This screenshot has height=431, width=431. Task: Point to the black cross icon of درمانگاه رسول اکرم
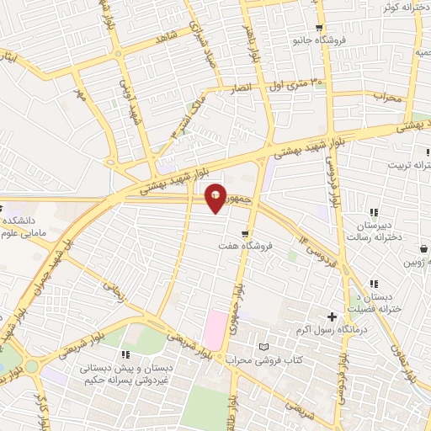click(332, 317)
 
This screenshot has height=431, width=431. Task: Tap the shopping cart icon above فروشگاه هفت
click(245, 234)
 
